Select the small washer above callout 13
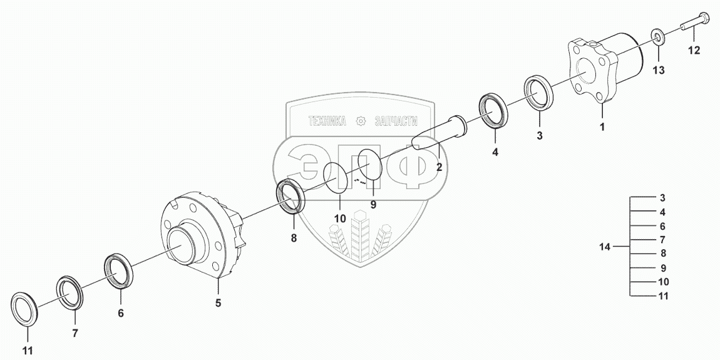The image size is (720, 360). (x=659, y=36)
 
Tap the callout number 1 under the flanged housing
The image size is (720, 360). (x=602, y=127)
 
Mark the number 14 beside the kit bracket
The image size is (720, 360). (x=604, y=247)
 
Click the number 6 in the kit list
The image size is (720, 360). (x=662, y=226)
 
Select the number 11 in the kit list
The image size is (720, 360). (x=663, y=296)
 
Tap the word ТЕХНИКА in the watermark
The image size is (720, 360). (x=327, y=122)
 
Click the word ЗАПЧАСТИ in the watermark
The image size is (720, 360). (x=395, y=122)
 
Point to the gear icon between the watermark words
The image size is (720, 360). (x=361, y=122)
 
